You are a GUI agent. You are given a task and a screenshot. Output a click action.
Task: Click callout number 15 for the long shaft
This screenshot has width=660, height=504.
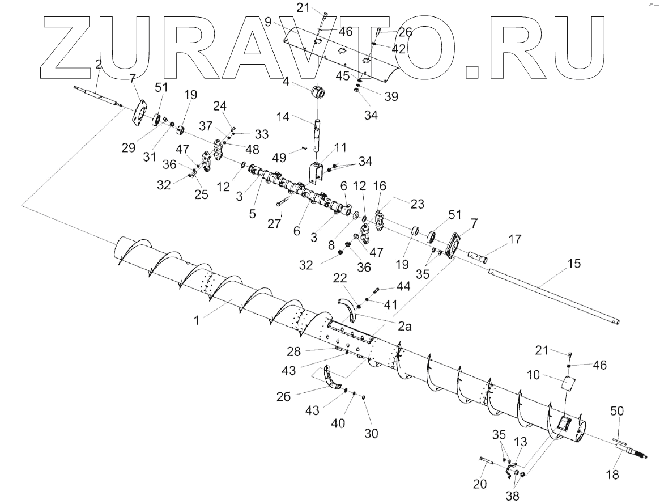[x=574, y=264]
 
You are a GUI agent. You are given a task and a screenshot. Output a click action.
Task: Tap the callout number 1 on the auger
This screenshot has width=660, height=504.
[x=197, y=320]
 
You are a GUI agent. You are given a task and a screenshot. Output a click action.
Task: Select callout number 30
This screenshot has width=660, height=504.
[x=372, y=433]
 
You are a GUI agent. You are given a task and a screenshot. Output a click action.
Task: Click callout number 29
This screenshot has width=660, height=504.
[x=129, y=148]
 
